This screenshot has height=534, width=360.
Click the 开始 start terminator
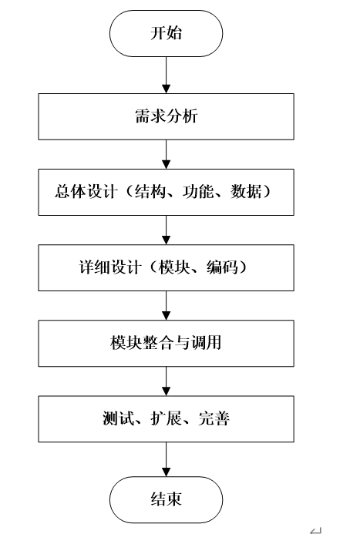(x=167, y=34)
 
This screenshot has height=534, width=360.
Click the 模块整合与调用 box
(x=167, y=342)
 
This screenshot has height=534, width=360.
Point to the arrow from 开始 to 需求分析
(x=167, y=74)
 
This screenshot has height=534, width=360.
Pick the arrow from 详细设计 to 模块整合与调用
(x=167, y=305)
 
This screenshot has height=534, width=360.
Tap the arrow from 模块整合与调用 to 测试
(x=167, y=380)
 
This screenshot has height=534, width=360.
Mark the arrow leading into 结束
(x=167, y=459)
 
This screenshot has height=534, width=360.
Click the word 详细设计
(x=101, y=267)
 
